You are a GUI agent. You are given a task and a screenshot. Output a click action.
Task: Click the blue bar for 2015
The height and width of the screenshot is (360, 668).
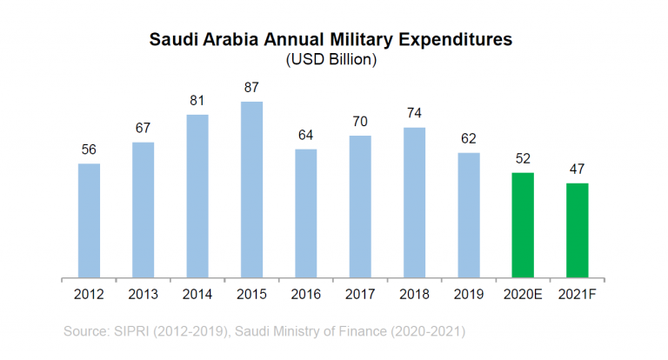(251, 190)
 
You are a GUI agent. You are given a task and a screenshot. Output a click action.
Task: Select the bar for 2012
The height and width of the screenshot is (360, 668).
(89, 221)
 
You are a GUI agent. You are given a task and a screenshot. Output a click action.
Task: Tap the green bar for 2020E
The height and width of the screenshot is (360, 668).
(523, 225)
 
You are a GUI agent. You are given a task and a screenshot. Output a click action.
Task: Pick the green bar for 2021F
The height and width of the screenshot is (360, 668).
(577, 230)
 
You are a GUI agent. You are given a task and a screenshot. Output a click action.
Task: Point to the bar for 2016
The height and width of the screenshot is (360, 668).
(305, 214)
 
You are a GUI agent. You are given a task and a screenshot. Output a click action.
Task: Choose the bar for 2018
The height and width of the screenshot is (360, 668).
(414, 203)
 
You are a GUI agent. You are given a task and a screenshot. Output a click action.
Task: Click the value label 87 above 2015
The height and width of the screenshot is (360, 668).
(251, 88)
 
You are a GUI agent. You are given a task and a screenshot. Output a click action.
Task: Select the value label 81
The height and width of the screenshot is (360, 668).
(197, 101)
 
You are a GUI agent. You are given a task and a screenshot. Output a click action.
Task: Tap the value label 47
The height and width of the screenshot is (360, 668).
(577, 169)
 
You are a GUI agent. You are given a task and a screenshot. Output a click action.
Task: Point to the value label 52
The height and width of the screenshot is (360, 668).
(523, 158)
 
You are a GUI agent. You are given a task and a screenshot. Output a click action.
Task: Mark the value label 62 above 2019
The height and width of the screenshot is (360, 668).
(468, 138)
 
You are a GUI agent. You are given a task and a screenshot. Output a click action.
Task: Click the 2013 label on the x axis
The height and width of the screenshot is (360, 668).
(143, 296)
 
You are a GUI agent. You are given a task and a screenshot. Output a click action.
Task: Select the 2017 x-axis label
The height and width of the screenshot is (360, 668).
(360, 296)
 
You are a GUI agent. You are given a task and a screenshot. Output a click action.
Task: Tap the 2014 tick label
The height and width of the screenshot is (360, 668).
(197, 296)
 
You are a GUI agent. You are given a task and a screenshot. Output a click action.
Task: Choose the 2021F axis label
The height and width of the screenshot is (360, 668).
(577, 296)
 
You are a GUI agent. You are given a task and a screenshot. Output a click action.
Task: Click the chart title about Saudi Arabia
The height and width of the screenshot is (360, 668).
(331, 40)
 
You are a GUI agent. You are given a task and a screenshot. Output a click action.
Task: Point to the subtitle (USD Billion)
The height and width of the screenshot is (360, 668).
(331, 60)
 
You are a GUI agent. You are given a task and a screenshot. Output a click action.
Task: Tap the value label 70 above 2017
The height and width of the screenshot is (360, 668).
(360, 122)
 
